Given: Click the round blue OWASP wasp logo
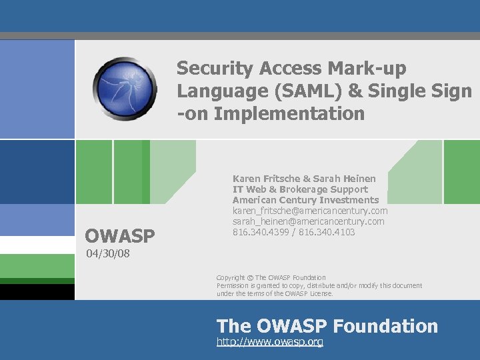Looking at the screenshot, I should [125, 88].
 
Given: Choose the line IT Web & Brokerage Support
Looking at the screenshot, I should [300, 189].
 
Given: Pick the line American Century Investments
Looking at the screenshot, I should [305, 200].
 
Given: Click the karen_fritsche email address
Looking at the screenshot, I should [310, 211].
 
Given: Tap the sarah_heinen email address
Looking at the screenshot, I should [308, 221].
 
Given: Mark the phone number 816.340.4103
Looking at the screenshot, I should [327, 232].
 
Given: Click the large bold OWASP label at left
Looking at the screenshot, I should [120, 235].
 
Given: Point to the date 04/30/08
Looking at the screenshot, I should [107, 254].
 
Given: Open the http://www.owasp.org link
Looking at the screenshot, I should [270, 342].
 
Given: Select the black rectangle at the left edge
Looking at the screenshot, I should [37, 292].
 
